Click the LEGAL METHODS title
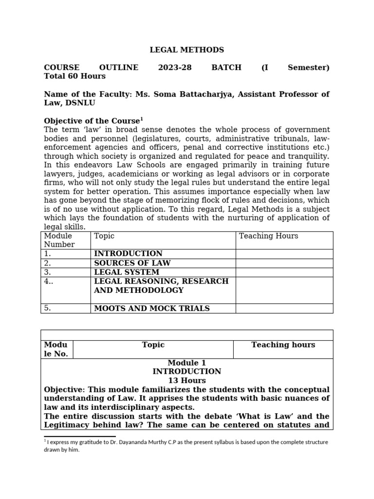(x=187, y=50)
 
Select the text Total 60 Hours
(x=75, y=76)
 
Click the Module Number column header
(x=59, y=240)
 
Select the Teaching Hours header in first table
(x=268, y=236)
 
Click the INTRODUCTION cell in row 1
(x=128, y=254)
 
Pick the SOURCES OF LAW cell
(x=132, y=263)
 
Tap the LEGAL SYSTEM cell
(x=126, y=272)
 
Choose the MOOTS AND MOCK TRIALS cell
(x=151, y=308)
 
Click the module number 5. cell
(x=48, y=308)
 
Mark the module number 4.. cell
(x=49, y=282)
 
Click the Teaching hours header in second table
(x=283, y=345)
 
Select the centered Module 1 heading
(x=187, y=363)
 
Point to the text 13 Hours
(x=187, y=381)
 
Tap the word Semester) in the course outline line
(x=308, y=67)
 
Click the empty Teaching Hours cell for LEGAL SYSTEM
(x=284, y=272)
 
